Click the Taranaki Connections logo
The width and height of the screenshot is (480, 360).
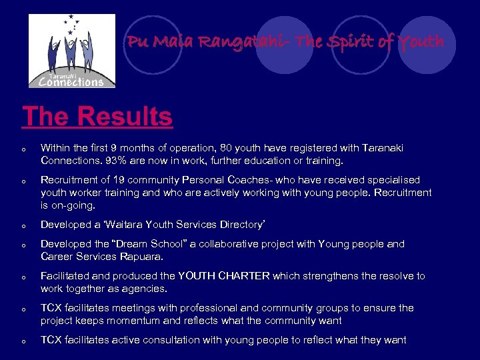71,51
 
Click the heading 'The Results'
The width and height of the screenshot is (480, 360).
97,116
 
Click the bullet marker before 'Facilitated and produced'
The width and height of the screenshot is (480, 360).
23,277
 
